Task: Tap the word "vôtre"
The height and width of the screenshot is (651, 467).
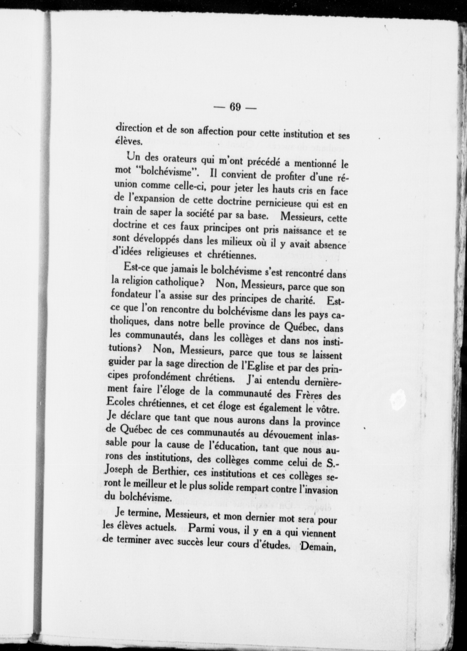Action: [x=327, y=410]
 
